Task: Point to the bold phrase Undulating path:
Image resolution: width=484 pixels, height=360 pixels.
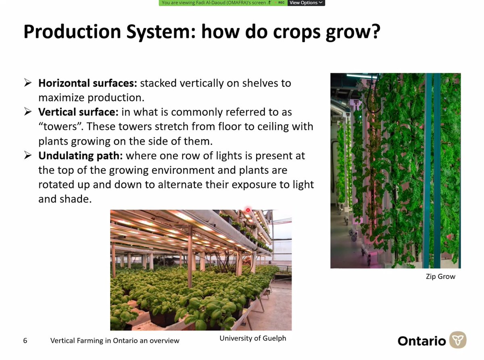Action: click(81, 156)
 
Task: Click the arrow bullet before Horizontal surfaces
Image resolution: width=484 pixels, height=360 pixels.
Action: click(28, 83)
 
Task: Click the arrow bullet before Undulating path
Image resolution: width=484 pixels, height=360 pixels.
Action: click(28, 156)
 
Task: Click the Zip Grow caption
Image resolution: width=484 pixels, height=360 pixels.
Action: click(440, 277)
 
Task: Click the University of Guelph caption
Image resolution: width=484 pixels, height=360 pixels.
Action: click(252, 338)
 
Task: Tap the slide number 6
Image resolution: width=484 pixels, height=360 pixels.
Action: click(25, 341)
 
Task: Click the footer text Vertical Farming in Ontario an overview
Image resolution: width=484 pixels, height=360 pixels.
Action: click(115, 341)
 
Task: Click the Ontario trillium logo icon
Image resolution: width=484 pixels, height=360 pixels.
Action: click(458, 340)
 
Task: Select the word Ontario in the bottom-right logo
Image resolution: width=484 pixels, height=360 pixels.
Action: click(421, 341)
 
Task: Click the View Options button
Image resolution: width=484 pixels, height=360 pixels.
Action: click(306, 3)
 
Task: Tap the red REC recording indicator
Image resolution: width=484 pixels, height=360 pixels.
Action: click(281, 3)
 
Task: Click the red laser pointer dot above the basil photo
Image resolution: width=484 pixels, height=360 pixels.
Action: click(248, 210)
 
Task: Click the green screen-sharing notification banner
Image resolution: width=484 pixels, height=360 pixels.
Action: click(214, 3)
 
